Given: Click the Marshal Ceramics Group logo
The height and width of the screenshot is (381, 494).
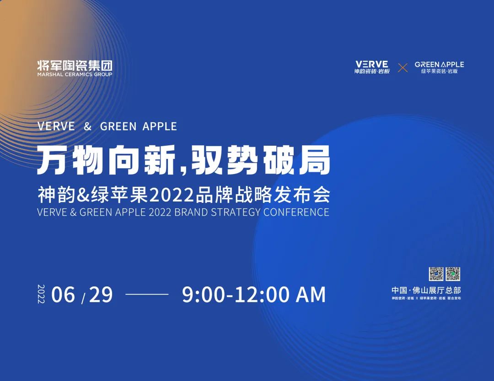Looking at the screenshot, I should pos(75,68).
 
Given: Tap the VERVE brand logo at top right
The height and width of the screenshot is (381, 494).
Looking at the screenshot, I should pos(371,67).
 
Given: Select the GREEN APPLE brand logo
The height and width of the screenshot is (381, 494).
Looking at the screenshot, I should pos(439,67).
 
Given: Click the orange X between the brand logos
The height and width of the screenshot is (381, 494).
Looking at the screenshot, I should pos(403,68).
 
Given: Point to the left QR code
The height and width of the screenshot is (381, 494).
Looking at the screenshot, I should pos(436,274).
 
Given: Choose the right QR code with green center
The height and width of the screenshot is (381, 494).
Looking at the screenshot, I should pos(453,274).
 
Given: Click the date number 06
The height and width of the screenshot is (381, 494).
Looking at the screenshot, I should pos(63,295).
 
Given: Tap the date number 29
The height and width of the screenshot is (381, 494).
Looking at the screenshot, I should pos(101,295).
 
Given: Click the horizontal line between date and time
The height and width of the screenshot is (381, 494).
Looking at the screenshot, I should pos(147,295).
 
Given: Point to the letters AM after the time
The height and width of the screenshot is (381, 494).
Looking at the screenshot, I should pos(311,295).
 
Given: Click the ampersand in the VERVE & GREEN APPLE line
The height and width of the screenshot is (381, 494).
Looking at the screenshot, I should pos(88,127).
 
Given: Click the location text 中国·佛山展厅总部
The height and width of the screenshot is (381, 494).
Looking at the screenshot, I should pos(426,290).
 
